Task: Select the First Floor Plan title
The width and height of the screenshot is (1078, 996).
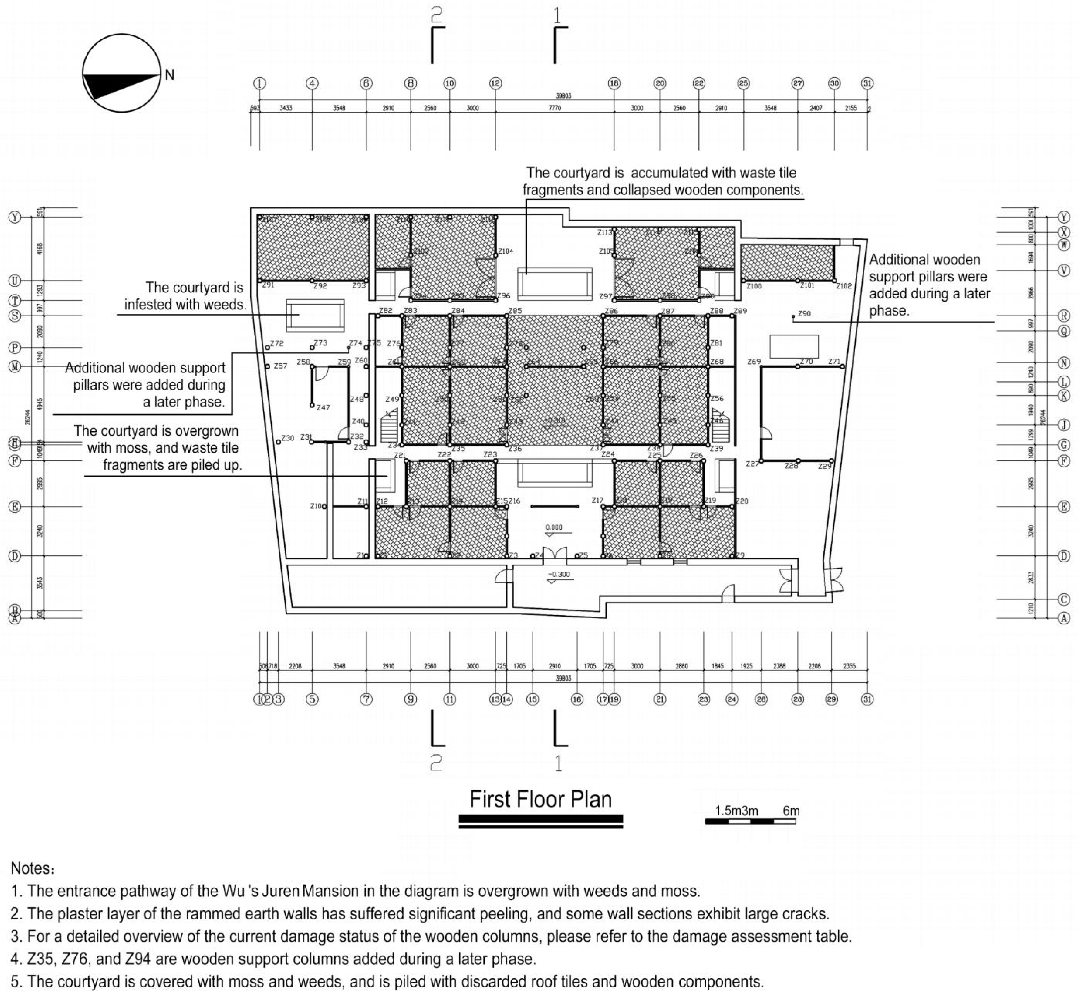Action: pos(540,799)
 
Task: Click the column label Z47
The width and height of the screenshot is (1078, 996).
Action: pos(323,407)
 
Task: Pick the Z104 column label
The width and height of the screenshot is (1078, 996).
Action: pos(505,251)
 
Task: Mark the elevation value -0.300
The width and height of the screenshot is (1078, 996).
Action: pos(559,575)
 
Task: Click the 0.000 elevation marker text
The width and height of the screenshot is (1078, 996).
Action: pos(554,528)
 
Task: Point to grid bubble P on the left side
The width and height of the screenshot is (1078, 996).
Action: pos(15,348)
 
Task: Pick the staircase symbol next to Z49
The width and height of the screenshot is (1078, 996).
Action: pos(389,426)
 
